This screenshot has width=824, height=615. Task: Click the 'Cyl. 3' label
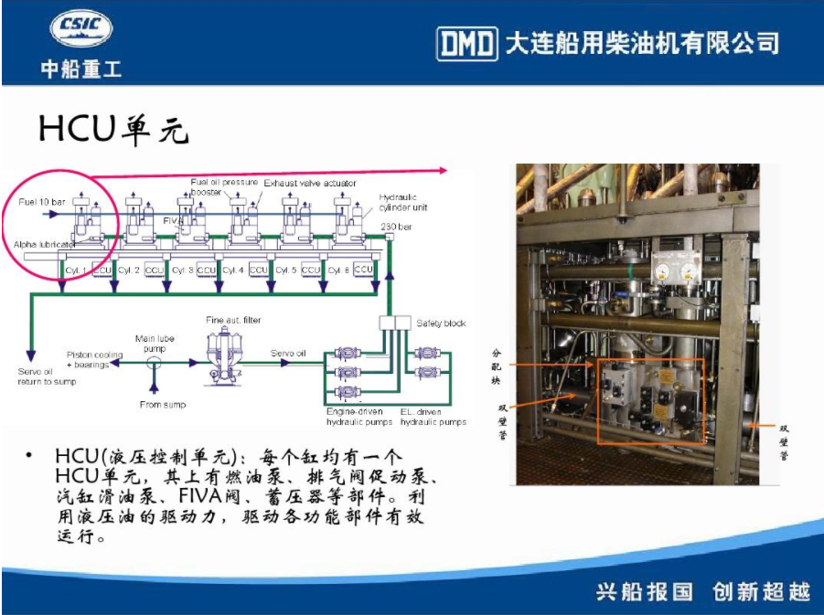(182, 270)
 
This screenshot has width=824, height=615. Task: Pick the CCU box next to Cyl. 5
(311, 270)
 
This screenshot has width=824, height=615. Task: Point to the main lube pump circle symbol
(154, 363)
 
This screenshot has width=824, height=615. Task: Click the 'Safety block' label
(441, 323)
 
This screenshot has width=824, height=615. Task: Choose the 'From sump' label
(163, 405)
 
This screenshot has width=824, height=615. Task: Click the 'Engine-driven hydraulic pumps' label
(358, 417)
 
